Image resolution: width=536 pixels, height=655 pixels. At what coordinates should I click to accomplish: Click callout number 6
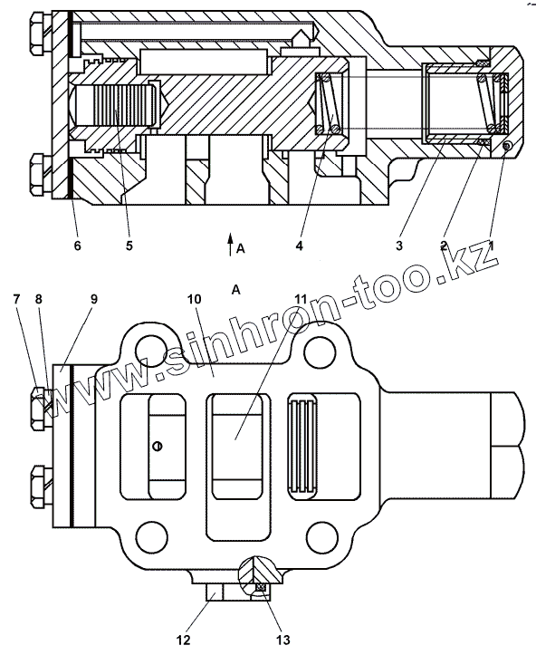click(x=77, y=246)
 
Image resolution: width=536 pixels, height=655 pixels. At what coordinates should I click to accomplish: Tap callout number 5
click(x=129, y=246)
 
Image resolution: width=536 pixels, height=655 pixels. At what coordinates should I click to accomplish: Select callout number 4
click(x=299, y=246)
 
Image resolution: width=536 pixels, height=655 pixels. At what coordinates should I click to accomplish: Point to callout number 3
click(x=399, y=246)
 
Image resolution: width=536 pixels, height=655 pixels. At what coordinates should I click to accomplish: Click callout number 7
click(x=16, y=299)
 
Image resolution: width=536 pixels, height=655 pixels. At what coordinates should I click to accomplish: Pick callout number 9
click(x=93, y=299)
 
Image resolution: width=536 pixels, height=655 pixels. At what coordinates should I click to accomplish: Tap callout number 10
click(x=195, y=299)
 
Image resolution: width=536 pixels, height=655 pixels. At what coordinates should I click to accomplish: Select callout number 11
click(x=301, y=299)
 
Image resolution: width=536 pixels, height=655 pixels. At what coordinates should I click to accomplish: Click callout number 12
click(x=183, y=640)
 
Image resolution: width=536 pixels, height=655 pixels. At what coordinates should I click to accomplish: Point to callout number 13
click(x=282, y=640)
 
